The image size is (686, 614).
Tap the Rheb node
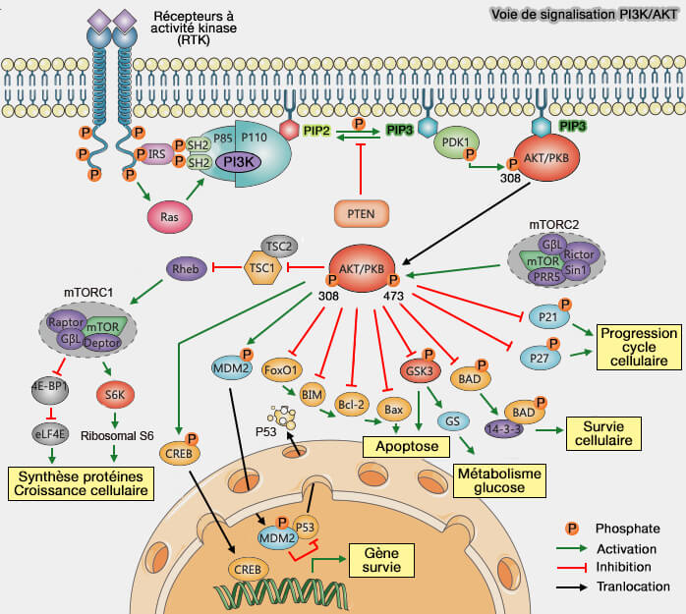185,267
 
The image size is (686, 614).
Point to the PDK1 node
455,141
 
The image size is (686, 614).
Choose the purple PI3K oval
237,161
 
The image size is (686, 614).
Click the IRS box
155,154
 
